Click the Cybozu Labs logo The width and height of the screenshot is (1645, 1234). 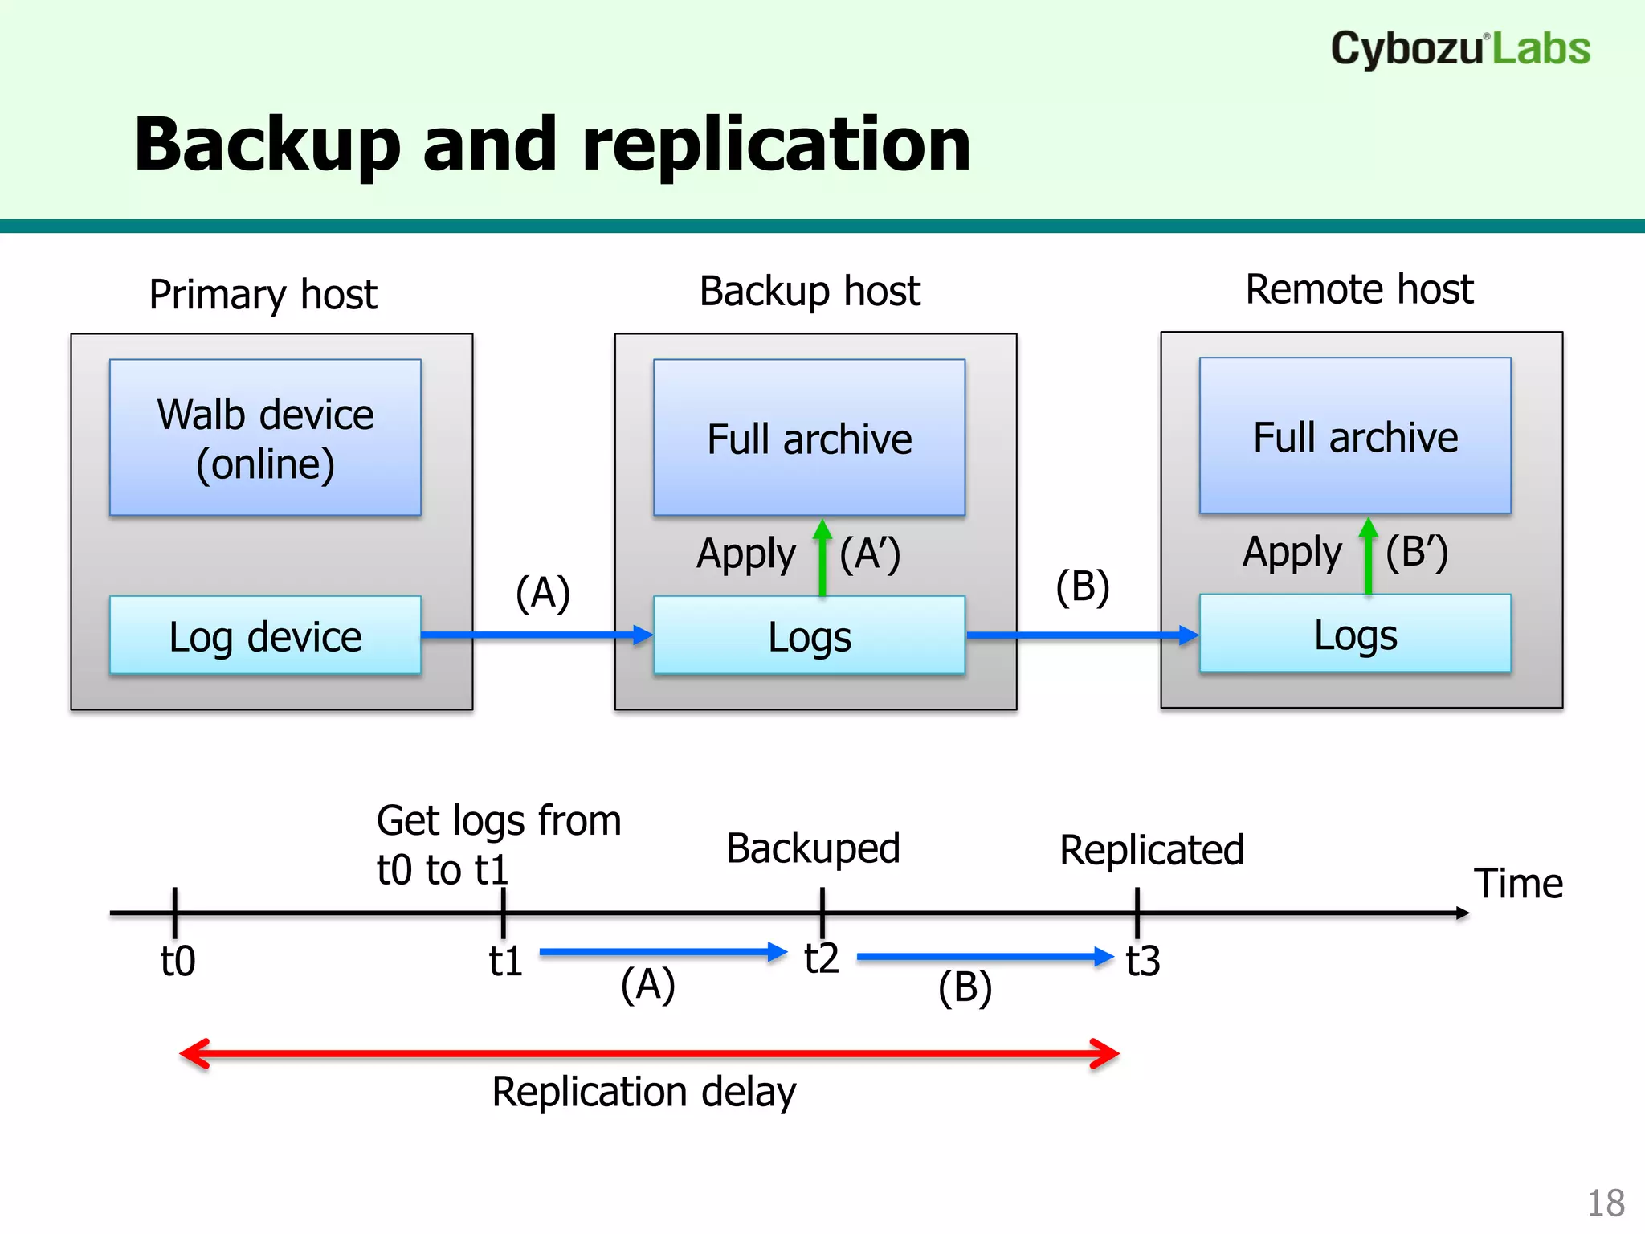click(1459, 48)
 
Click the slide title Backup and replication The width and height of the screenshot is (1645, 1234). click(553, 145)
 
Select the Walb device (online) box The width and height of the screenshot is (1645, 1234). click(265, 437)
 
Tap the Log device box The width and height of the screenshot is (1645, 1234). click(265, 636)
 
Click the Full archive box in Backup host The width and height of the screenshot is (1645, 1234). click(809, 437)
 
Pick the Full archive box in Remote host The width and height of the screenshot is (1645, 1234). click(1355, 435)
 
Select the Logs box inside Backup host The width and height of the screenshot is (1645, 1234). click(809, 636)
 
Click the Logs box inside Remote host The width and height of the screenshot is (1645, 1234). click(1355, 635)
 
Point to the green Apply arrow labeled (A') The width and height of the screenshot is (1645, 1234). click(822, 558)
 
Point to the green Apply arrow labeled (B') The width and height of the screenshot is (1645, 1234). click(1368, 557)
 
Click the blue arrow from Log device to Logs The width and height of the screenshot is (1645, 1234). click(537, 635)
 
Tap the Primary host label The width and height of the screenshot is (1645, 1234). click(263, 294)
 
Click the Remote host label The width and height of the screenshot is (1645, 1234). click(1359, 289)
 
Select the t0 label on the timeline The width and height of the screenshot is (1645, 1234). click(178, 961)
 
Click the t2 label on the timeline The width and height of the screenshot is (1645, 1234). click(822, 958)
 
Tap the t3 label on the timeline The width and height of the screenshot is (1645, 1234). click(1142, 961)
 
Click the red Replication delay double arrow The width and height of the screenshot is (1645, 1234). click(649, 1053)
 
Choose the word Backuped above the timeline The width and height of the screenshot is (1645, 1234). click(813, 849)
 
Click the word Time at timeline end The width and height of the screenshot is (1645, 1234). click(1518, 884)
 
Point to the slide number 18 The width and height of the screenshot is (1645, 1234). click(1606, 1203)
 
